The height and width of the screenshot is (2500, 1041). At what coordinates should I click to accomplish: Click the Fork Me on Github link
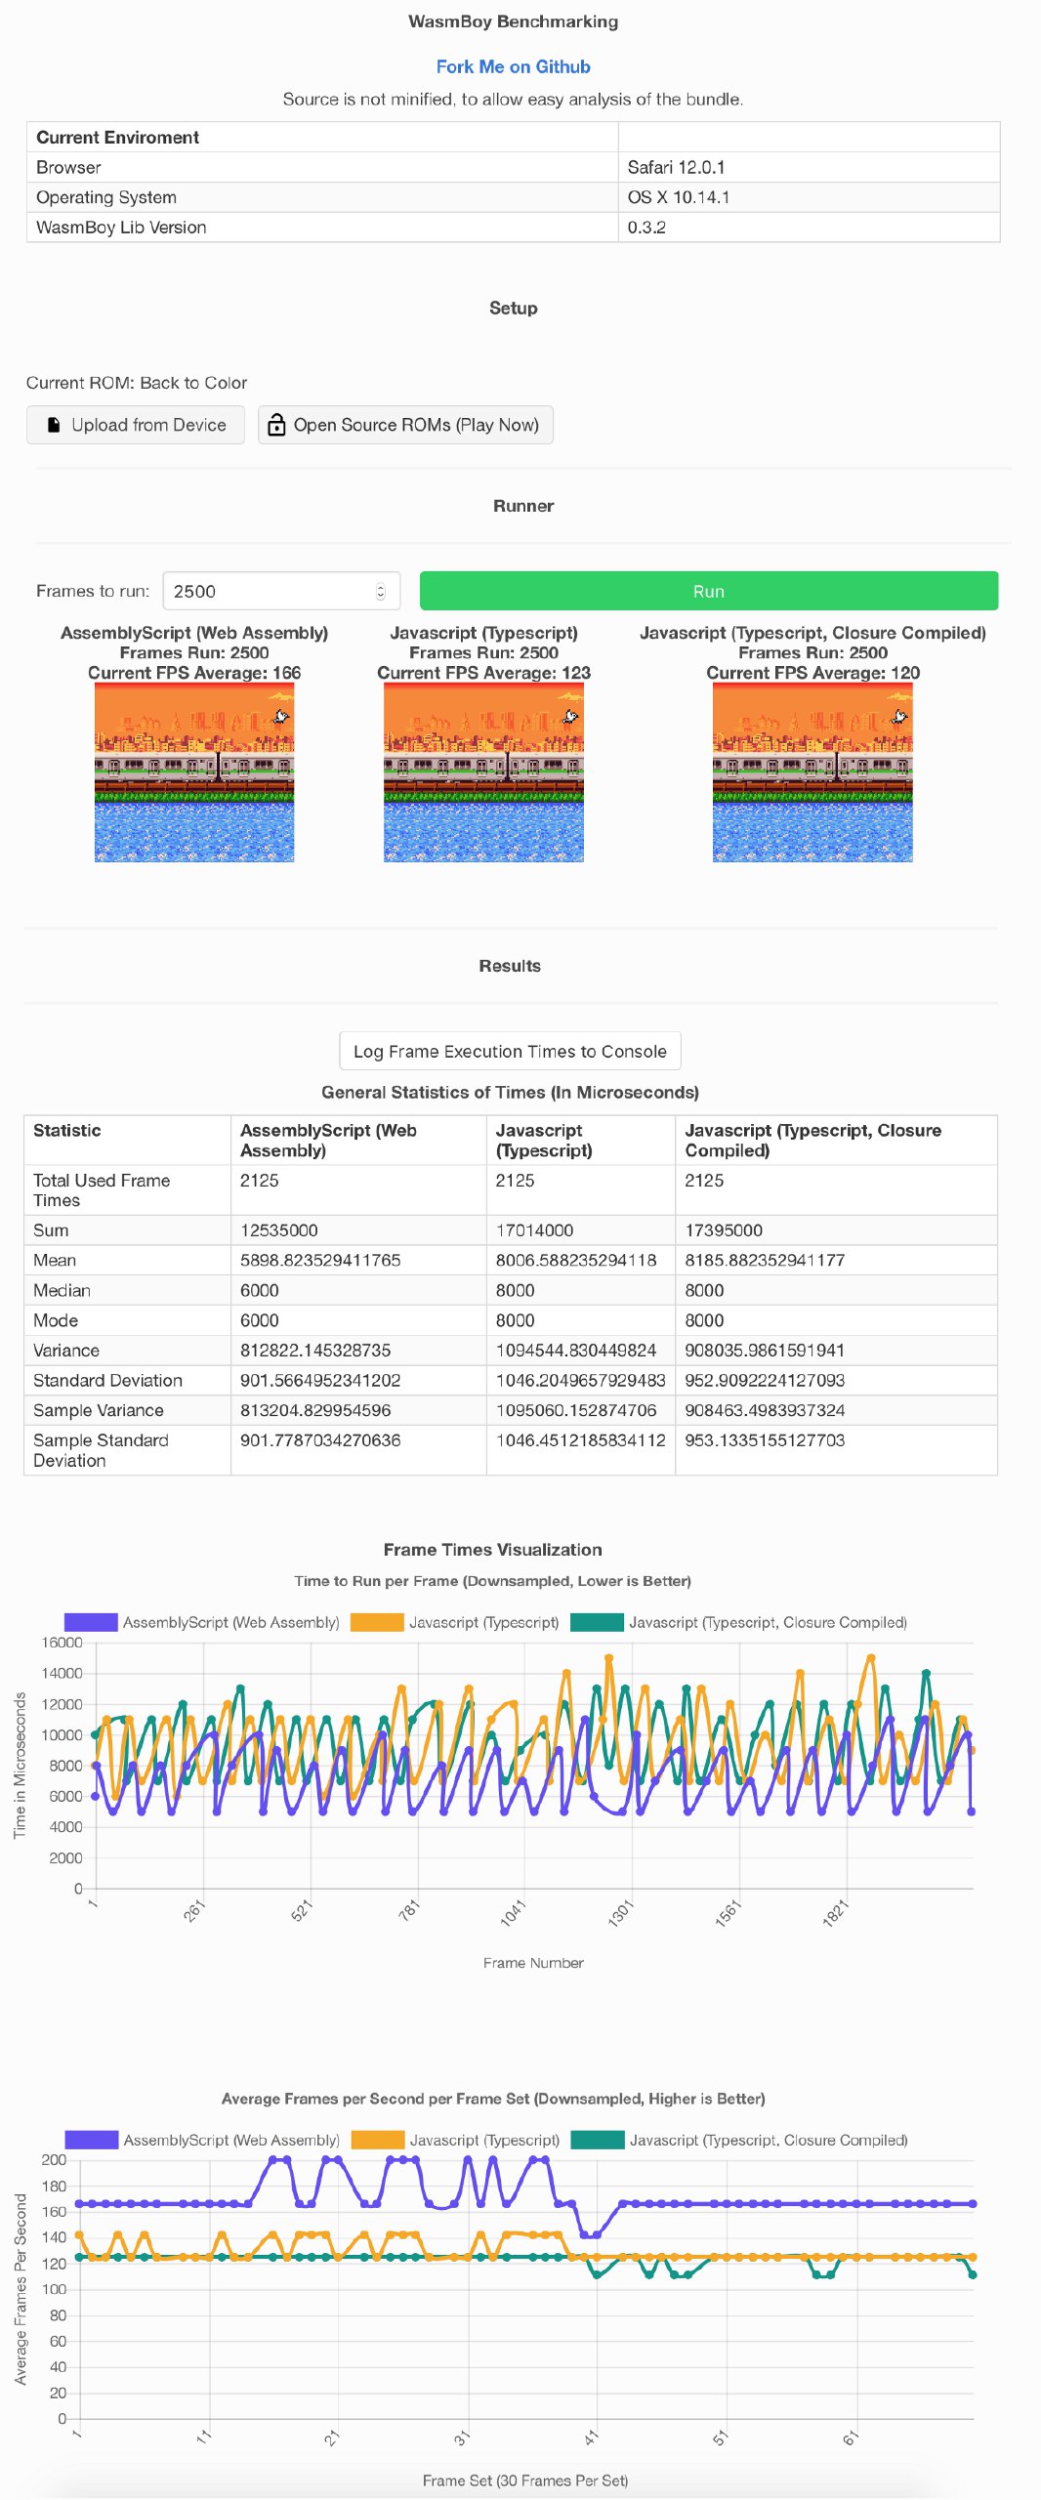[513, 66]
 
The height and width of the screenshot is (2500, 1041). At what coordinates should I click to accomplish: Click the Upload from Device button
[136, 425]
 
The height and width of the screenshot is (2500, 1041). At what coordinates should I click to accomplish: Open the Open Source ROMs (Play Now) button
[405, 425]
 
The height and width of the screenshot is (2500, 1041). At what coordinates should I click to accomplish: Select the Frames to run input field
[281, 591]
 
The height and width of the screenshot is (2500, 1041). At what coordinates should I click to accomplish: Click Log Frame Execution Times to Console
[510, 1051]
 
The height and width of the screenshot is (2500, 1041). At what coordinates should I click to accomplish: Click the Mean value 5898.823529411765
[320, 1260]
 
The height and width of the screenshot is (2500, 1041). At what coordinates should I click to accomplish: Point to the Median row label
[62, 1290]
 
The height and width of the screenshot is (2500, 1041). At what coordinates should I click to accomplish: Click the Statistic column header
[67, 1130]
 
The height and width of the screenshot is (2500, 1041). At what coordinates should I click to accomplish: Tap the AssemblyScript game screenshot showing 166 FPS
[194, 772]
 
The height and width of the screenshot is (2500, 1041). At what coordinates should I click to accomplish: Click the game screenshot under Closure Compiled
[812, 772]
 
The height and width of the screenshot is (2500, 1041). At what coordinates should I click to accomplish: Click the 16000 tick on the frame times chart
[62, 1643]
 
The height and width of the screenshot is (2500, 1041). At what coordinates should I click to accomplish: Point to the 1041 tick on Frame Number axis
[514, 1911]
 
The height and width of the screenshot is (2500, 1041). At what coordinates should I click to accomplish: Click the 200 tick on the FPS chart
[54, 2159]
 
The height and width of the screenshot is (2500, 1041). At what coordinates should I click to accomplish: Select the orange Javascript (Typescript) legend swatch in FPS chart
[378, 2140]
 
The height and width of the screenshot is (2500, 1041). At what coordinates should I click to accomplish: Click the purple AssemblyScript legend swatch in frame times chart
[91, 1622]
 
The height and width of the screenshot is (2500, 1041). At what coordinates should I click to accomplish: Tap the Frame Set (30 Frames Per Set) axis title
[525, 2479]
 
